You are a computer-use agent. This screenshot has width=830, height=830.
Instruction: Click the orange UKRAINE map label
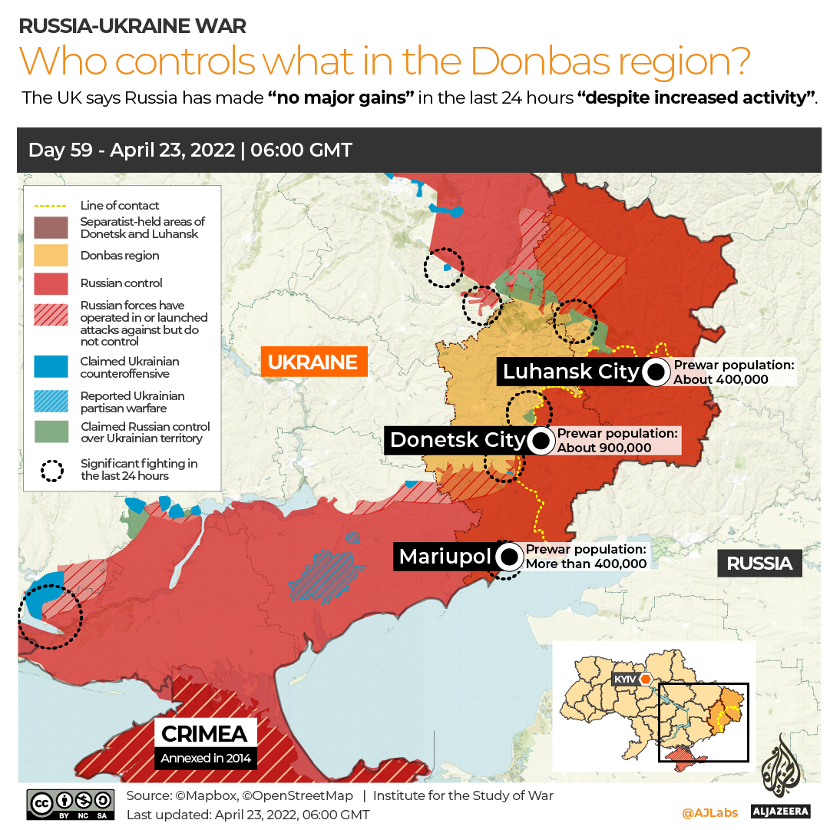point(313,362)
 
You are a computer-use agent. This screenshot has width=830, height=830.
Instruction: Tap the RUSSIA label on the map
point(759,563)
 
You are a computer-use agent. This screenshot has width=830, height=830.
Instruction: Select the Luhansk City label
point(570,372)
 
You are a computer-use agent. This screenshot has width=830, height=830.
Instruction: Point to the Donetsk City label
point(457,440)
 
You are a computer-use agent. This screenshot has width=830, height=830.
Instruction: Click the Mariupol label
point(444,557)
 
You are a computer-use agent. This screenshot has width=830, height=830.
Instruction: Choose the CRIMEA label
point(204,733)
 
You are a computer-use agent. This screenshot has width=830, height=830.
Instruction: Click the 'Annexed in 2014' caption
point(204,759)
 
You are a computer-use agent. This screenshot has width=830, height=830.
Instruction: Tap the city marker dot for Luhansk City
point(656,372)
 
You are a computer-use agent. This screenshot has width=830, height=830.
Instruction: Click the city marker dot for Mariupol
point(508,557)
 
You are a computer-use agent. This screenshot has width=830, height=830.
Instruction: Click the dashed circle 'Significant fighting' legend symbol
point(51,470)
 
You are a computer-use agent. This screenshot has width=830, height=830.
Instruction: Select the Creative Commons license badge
point(71,802)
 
